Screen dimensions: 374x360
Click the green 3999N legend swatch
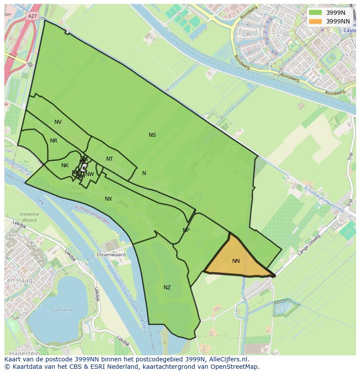[315, 13]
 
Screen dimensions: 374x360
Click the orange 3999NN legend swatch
[315, 21]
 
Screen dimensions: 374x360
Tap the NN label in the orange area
[236, 261]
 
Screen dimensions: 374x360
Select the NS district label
[152, 135]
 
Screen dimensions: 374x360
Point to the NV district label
[58, 122]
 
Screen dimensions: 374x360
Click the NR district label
[53, 141]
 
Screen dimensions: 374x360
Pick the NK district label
[65, 165]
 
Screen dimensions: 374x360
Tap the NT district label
[110, 159]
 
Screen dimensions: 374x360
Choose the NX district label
[108, 199]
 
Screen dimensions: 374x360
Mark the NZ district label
[167, 288]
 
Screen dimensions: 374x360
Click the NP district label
[186, 230]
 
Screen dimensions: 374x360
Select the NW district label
[90, 174]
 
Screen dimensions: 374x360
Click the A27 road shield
[32, 16]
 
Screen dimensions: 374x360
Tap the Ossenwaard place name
[111, 255]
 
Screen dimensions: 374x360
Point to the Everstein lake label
[62, 310]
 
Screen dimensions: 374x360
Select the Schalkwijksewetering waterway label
[324, 199]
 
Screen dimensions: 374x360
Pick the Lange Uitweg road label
[310, 245]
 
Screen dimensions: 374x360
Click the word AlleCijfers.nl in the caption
[228, 360]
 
